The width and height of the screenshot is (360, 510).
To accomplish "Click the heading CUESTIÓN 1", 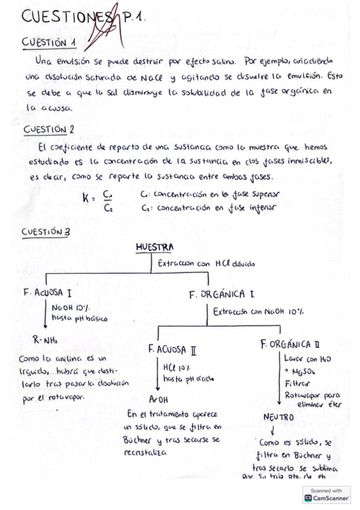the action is pyautogui.click(x=49, y=43).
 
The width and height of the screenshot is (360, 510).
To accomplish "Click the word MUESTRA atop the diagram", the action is pyautogui.click(x=154, y=247).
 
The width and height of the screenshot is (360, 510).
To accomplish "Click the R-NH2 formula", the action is pyautogui.click(x=45, y=340).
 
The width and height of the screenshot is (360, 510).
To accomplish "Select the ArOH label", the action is pyautogui.click(x=159, y=398).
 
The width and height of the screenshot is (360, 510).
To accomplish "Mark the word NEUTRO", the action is pyautogui.click(x=278, y=416).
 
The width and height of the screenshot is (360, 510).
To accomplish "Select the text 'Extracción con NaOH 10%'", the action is pyautogui.click(x=258, y=312).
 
